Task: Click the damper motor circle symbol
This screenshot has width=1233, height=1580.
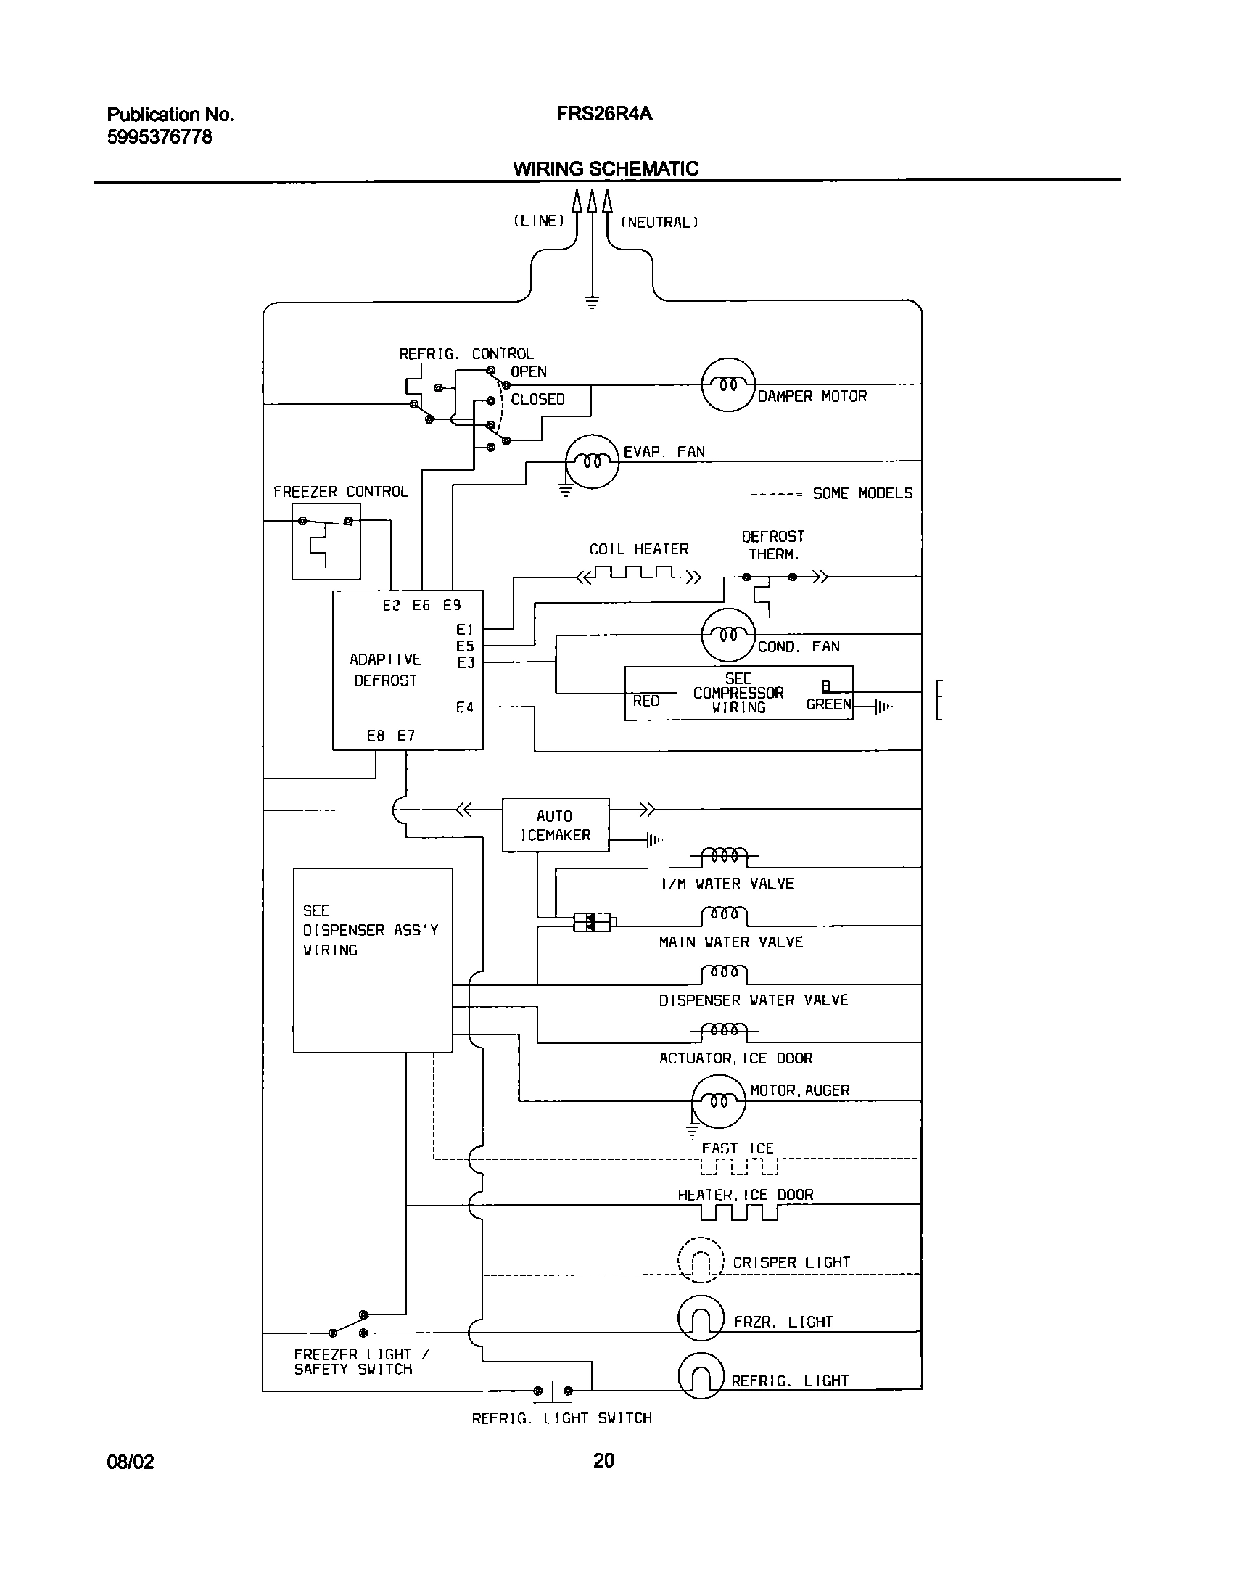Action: (x=728, y=384)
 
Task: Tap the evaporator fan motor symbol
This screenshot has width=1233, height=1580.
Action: (x=592, y=461)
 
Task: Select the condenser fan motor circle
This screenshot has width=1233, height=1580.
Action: (x=728, y=635)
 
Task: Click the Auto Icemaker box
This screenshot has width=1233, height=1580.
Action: (x=556, y=826)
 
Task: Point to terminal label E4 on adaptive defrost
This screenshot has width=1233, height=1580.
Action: (x=465, y=707)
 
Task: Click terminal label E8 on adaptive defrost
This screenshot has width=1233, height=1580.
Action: (x=375, y=736)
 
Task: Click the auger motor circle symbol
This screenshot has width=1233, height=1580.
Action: (x=718, y=1102)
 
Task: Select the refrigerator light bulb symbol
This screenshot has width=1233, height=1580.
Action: (x=701, y=1376)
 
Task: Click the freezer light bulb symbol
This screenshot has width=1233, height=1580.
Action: (x=701, y=1318)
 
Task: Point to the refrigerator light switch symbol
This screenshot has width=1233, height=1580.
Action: (x=553, y=1391)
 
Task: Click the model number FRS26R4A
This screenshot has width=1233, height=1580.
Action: (x=604, y=115)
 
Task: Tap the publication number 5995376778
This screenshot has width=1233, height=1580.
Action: (x=160, y=137)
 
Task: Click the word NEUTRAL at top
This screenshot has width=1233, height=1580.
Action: (x=659, y=223)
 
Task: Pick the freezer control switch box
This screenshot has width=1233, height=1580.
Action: (x=326, y=541)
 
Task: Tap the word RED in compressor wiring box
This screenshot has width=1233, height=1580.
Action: (x=646, y=701)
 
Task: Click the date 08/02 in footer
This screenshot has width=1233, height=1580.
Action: (x=131, y=1461)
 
